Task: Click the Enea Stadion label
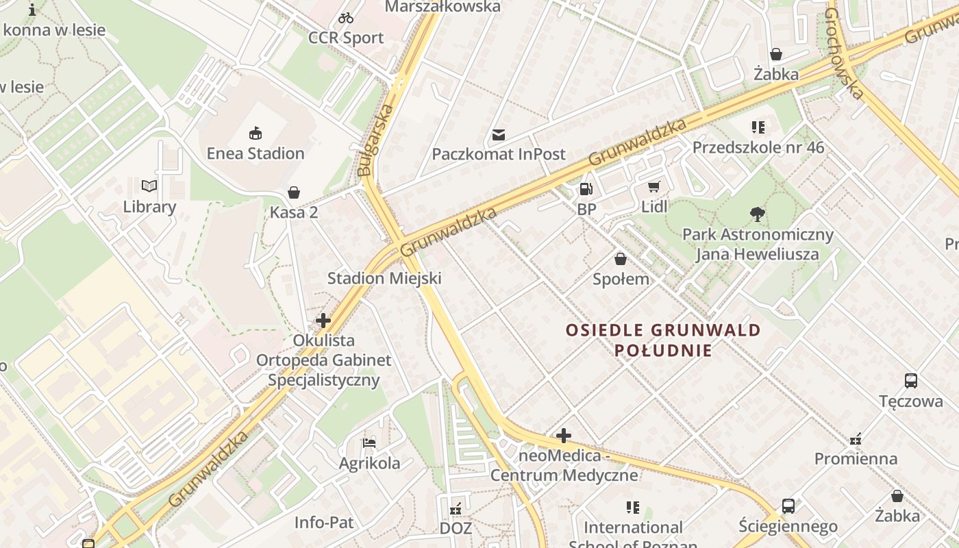[256, 153]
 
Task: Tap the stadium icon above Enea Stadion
[256, 132]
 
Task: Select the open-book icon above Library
[149, 186]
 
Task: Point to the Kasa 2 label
[294, 212]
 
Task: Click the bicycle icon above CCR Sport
[346, 18]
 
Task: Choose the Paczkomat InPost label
[499, 154]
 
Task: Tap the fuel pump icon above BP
[586, 188]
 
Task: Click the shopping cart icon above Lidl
[654, 186]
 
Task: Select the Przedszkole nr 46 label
[758, 148]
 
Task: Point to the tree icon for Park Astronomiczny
[757, 214]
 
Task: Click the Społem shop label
[621, 279]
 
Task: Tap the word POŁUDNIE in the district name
[663, 351]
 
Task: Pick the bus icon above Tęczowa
[910, 381]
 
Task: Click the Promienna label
[856, 459]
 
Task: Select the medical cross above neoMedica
[564, 436]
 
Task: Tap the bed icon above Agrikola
[369, 443]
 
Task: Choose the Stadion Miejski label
[384, 278]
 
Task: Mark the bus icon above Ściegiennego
[788, 506]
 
